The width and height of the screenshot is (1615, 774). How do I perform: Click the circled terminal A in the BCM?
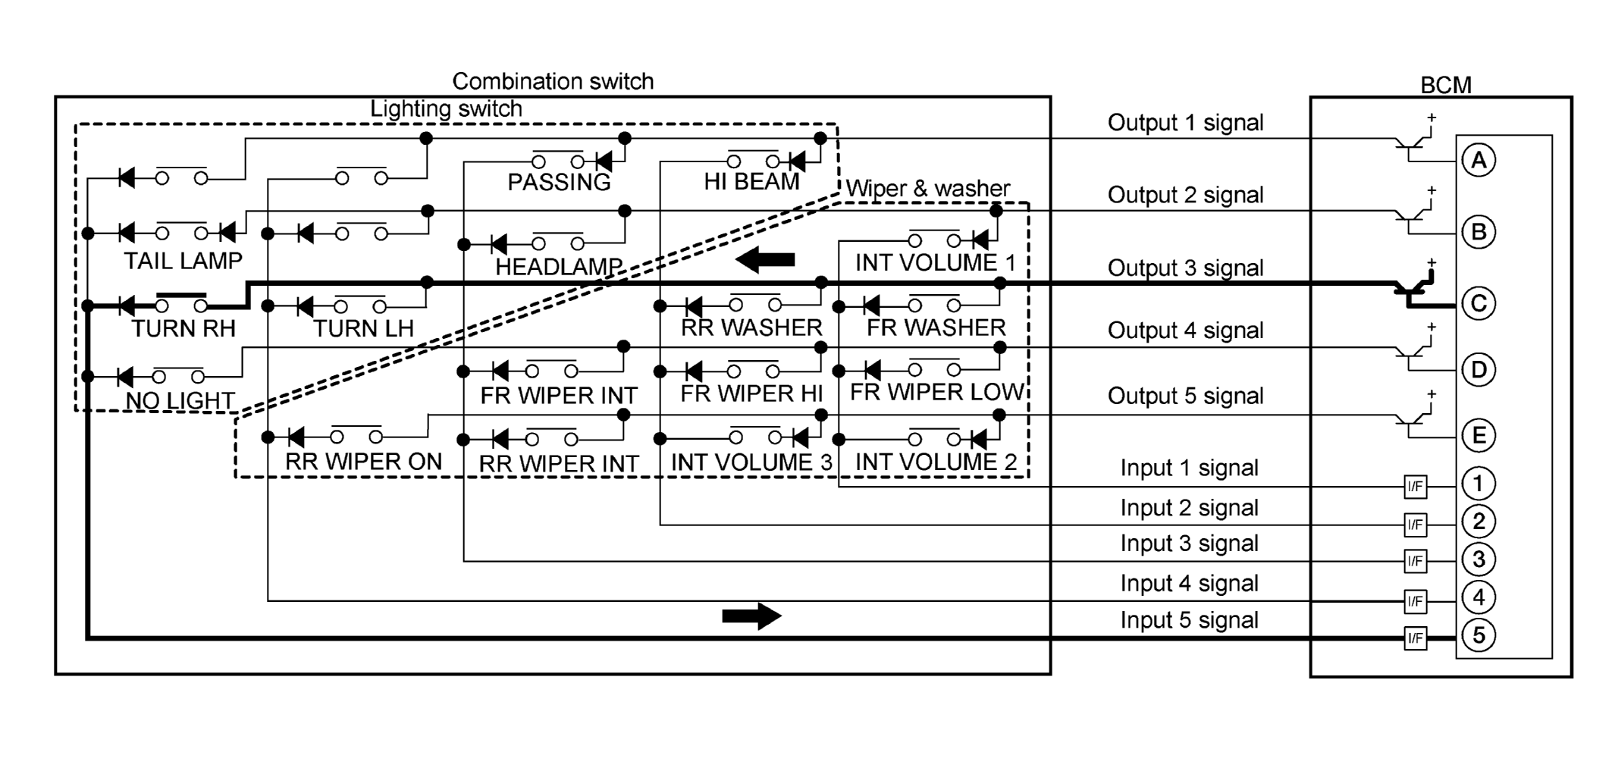[1479, 161]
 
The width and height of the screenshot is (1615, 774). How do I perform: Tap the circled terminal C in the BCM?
[1479, 304]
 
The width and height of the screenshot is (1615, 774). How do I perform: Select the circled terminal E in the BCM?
[1479, 436]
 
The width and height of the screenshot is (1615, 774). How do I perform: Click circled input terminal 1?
[1479, 484]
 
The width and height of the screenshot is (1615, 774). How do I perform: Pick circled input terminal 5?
[1479, 635]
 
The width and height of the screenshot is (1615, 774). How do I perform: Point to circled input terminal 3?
[1479, 559]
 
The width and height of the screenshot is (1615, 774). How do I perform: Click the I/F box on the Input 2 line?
[1416, 524]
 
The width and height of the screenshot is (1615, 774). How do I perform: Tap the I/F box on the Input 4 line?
[1416, 601]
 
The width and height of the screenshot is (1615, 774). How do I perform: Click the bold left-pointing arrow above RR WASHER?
[765, 260]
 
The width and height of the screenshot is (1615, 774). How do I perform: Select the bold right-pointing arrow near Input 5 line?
[751, 616]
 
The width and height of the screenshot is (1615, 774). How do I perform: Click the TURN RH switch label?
[183, 329]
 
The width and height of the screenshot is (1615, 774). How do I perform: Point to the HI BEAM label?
[751, 182]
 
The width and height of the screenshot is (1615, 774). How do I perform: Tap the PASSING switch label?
[559, 183]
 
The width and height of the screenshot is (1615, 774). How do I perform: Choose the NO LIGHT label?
[180, 400]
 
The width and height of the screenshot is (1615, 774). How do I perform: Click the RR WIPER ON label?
[363, 462]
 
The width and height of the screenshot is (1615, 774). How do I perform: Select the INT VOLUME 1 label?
[935, 263]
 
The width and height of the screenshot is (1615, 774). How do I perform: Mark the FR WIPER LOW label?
[937, 393]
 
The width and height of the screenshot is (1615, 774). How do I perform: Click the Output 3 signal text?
[1185, 268]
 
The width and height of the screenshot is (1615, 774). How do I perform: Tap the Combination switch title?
[553, 82]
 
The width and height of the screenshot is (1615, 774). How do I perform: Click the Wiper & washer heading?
[928, 189]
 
